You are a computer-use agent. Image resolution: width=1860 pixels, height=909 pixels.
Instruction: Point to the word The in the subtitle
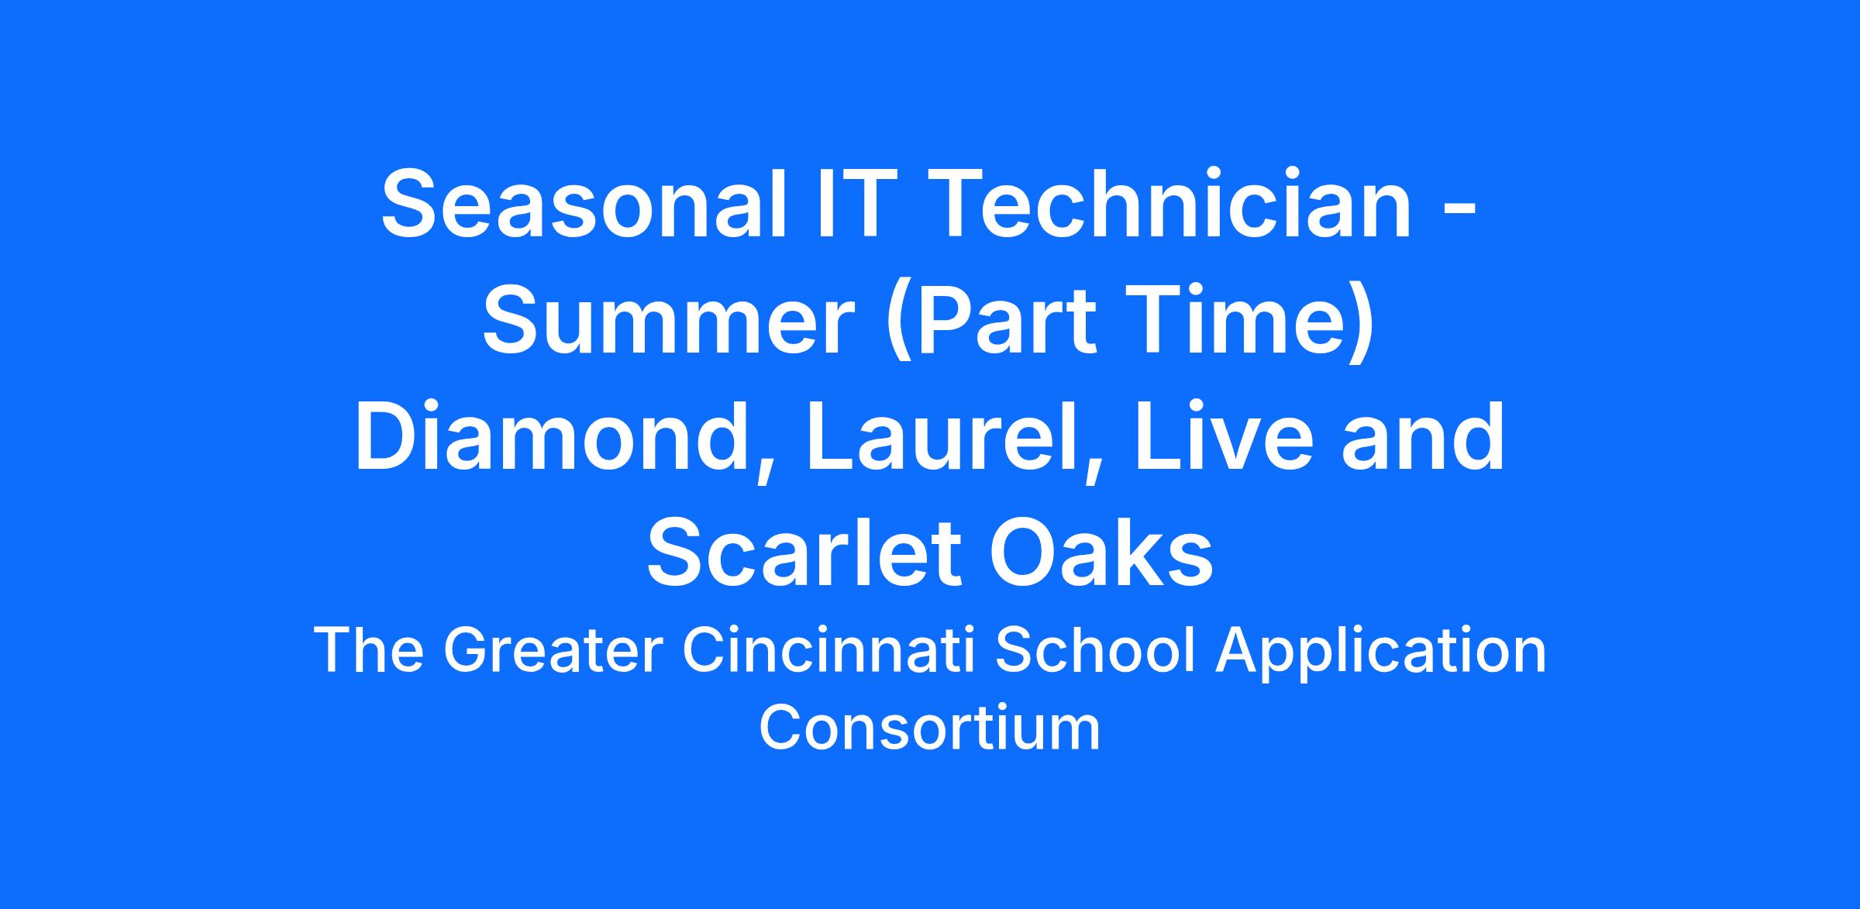[369, 650]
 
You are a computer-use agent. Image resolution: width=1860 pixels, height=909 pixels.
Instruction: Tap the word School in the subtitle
[1094, 650]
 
